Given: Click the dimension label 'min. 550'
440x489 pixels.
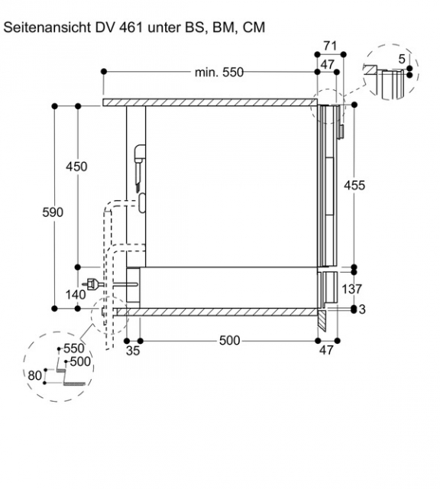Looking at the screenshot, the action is (219, 73).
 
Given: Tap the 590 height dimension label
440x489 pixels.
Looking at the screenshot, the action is (53, 212).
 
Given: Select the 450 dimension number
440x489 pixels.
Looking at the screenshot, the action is (76, 167).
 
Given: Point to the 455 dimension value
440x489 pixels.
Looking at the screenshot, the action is (354, 186).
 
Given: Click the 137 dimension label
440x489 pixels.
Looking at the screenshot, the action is (351, 289).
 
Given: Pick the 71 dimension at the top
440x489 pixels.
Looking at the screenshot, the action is (330, 46).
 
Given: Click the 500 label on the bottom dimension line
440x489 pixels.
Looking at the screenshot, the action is (229, 341).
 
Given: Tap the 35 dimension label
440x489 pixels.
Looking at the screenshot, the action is (133, 351).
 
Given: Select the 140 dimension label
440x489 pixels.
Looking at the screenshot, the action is (76, 294).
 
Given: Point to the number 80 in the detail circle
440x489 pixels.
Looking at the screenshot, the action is (34, 375).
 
